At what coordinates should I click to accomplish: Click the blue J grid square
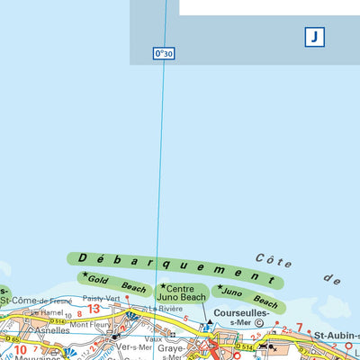(x=314, y=37)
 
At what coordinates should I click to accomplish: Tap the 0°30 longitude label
(x=163, y=54)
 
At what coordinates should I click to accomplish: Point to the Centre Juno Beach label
(x=183, y=292)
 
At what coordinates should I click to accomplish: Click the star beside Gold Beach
(x=85, y=275)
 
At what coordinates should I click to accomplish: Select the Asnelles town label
(x=51, y=330)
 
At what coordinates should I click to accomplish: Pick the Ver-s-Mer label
(x=131, y=346)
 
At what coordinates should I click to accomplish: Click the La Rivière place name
(x=166, y=309)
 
